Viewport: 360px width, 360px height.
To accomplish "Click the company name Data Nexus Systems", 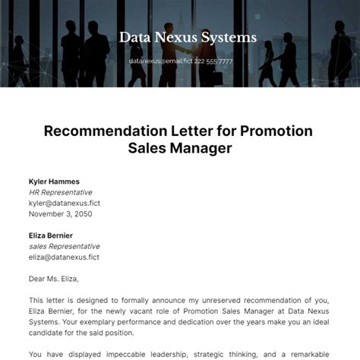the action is click(x=188, y=37).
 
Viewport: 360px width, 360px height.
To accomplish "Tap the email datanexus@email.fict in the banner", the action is click(x=161, y=61).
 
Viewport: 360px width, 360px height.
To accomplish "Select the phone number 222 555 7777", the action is click(x=214, y=61).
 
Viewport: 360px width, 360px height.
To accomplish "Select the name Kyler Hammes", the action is click(x=54, y=182).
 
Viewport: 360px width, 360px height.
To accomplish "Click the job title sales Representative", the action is click(x=65, y=246).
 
